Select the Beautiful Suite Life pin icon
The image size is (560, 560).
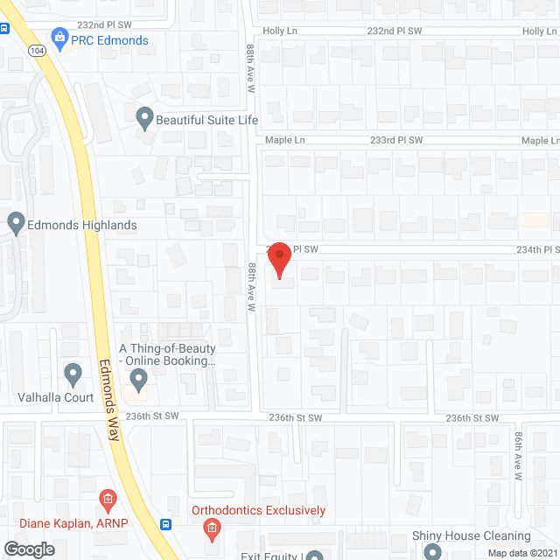(145, 117)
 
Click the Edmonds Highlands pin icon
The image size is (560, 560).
(16, 223)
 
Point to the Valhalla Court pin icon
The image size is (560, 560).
(73, 374)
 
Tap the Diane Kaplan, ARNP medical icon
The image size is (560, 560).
(108, 502)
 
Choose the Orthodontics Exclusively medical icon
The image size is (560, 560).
(211, 528)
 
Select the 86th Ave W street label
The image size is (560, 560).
(518, 457)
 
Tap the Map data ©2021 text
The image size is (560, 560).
(522, 552)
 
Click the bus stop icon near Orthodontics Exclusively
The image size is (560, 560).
(165, 524)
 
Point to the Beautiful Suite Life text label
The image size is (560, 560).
(207, 119)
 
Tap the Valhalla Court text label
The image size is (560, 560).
(56, 397)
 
